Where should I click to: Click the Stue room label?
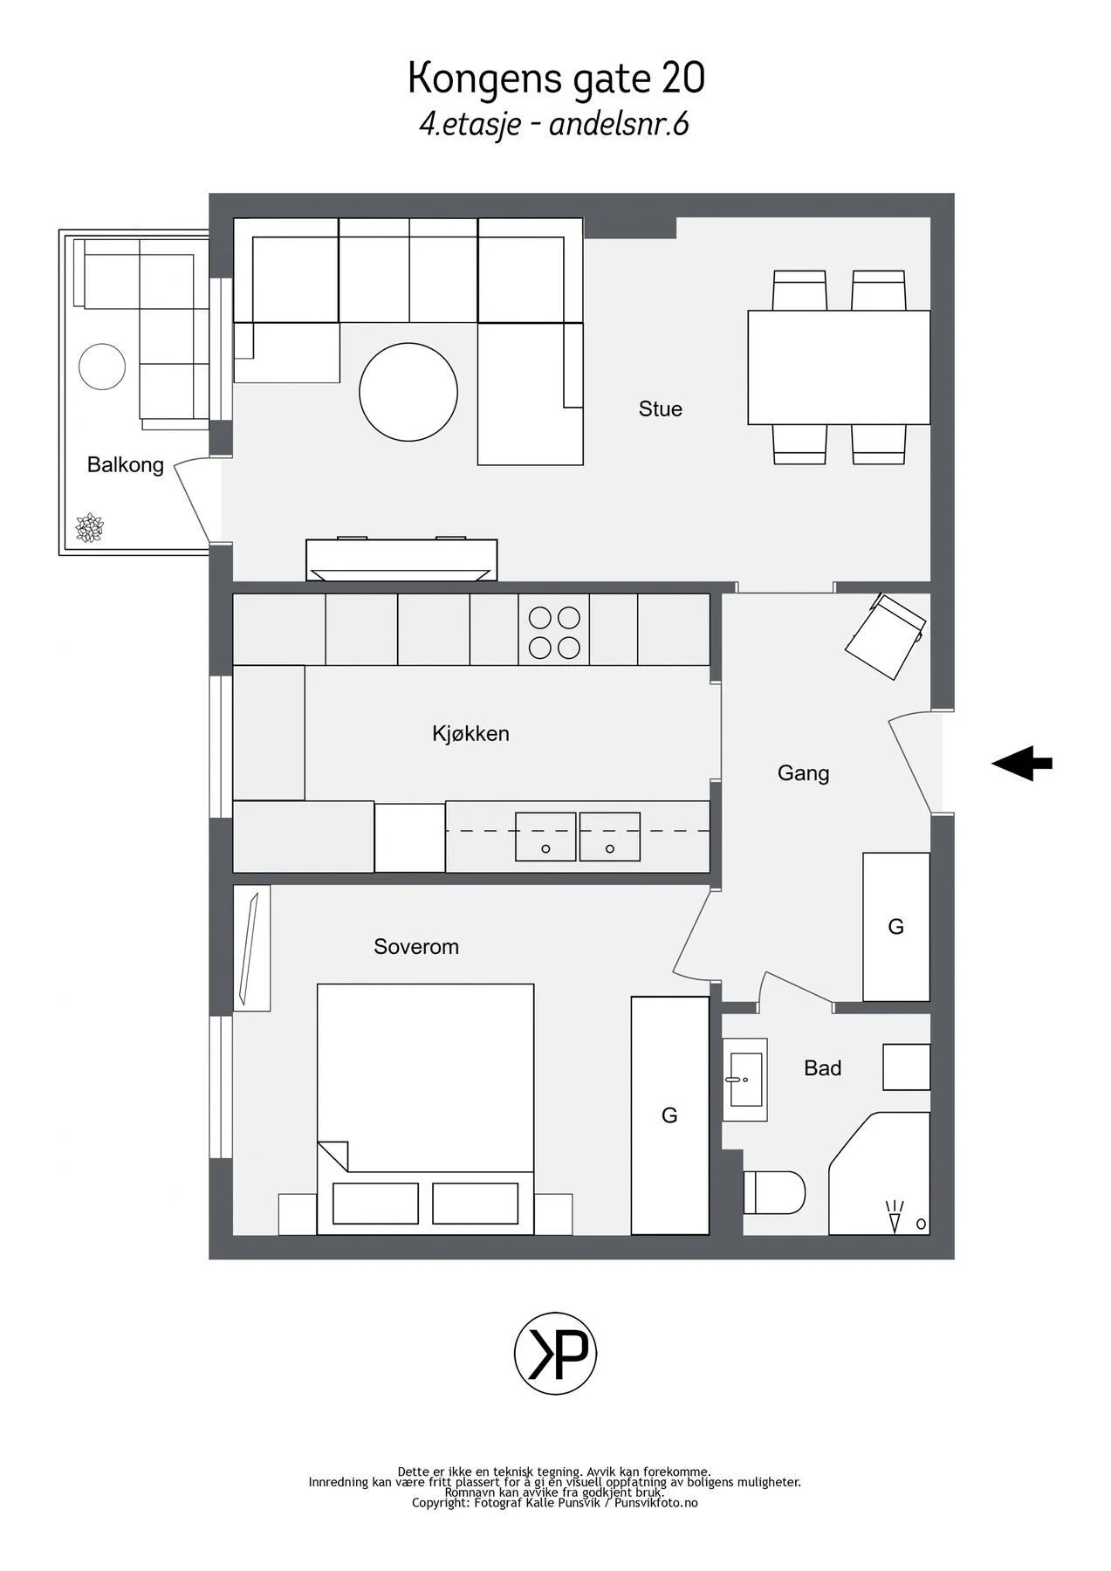[660, 408]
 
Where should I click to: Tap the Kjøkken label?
[470, 733]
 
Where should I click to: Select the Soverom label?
[416, 946]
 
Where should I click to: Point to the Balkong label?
[126, 464]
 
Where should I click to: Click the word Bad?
[822, 1067]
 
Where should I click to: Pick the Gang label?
[803, 773]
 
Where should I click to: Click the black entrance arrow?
[1021, 763]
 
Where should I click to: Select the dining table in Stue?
[839, 367]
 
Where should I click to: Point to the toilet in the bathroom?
[774, 1192]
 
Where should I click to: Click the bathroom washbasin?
[744, 1080]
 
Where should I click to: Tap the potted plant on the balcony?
[89, 528]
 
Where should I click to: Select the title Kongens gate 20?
[556, 79]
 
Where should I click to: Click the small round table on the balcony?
[102, 367]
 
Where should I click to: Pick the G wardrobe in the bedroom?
[669, 1115]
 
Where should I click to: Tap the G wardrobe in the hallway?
[896, 927]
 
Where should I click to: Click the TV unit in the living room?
[401, 559]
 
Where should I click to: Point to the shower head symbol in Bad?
[894, 1216]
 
